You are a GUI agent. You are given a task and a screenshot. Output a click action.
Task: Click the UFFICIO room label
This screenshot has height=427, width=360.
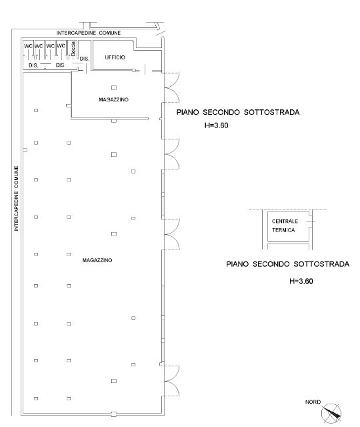point(115,58)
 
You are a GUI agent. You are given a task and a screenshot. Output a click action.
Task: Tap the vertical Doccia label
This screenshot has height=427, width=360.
point(75,49)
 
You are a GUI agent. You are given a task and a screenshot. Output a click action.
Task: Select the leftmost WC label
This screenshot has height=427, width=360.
point(29,46)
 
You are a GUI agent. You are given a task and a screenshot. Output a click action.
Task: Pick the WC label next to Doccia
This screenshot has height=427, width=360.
point(61,46)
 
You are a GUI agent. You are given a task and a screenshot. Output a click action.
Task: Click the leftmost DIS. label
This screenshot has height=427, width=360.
point(33,65)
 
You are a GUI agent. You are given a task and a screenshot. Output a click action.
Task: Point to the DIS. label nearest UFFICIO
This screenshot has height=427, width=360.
point(84,59)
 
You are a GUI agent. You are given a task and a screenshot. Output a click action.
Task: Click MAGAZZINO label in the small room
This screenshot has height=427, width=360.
point(113,99)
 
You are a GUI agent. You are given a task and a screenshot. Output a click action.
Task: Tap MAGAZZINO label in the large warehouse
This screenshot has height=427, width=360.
point(97,260)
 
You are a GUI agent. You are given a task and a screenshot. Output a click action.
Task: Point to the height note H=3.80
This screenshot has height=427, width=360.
point(216,125)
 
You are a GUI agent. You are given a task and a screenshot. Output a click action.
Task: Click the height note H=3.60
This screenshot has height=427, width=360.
point(301,281)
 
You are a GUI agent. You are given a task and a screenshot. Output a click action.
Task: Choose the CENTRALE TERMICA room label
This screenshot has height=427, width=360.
point(283,225)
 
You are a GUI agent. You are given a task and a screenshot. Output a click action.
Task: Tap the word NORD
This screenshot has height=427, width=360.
point(313,402)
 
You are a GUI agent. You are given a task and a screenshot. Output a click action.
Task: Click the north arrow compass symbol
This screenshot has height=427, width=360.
point(331,414)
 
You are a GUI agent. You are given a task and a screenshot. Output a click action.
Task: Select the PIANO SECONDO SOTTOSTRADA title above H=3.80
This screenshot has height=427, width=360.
point(237,113)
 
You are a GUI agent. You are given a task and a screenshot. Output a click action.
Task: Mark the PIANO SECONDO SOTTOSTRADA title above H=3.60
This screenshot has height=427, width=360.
point(287,264)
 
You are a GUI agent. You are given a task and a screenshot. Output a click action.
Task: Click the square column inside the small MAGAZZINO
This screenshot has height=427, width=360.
point(113,87)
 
